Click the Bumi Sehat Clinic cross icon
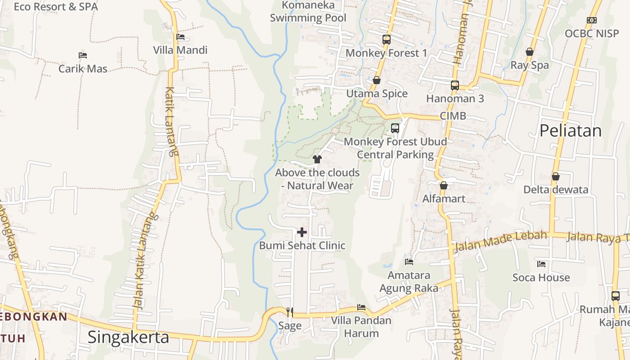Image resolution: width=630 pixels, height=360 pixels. point(302,232)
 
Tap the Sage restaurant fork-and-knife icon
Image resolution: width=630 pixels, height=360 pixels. point(290,311)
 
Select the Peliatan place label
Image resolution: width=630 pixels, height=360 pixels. point(570,130)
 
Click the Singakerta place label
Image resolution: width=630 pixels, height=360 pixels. point(128,337)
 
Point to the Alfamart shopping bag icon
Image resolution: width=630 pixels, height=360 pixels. point(444,185)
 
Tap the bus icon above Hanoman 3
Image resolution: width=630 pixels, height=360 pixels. point(455,85)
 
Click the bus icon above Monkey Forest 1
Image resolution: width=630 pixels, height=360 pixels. point(386,40)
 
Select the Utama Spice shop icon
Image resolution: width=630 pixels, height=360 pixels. point(377,80)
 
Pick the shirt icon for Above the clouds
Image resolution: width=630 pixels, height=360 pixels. point(317,159)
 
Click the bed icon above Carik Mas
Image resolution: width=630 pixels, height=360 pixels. point(83,55)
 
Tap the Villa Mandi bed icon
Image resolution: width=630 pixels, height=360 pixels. point(180,36)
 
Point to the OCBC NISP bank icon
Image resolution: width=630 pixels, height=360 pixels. point(592,20)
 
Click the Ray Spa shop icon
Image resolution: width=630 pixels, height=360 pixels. point(530,52)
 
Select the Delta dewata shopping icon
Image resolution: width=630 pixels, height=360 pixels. point(556,176)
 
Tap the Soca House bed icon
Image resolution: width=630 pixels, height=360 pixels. point(541,264)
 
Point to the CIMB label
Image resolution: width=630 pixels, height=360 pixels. point(453,116)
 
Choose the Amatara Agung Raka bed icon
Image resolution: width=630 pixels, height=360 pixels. point(409,261)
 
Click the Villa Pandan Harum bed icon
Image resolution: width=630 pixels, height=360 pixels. point(361,308)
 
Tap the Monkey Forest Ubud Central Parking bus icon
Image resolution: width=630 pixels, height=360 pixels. point(395,128)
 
